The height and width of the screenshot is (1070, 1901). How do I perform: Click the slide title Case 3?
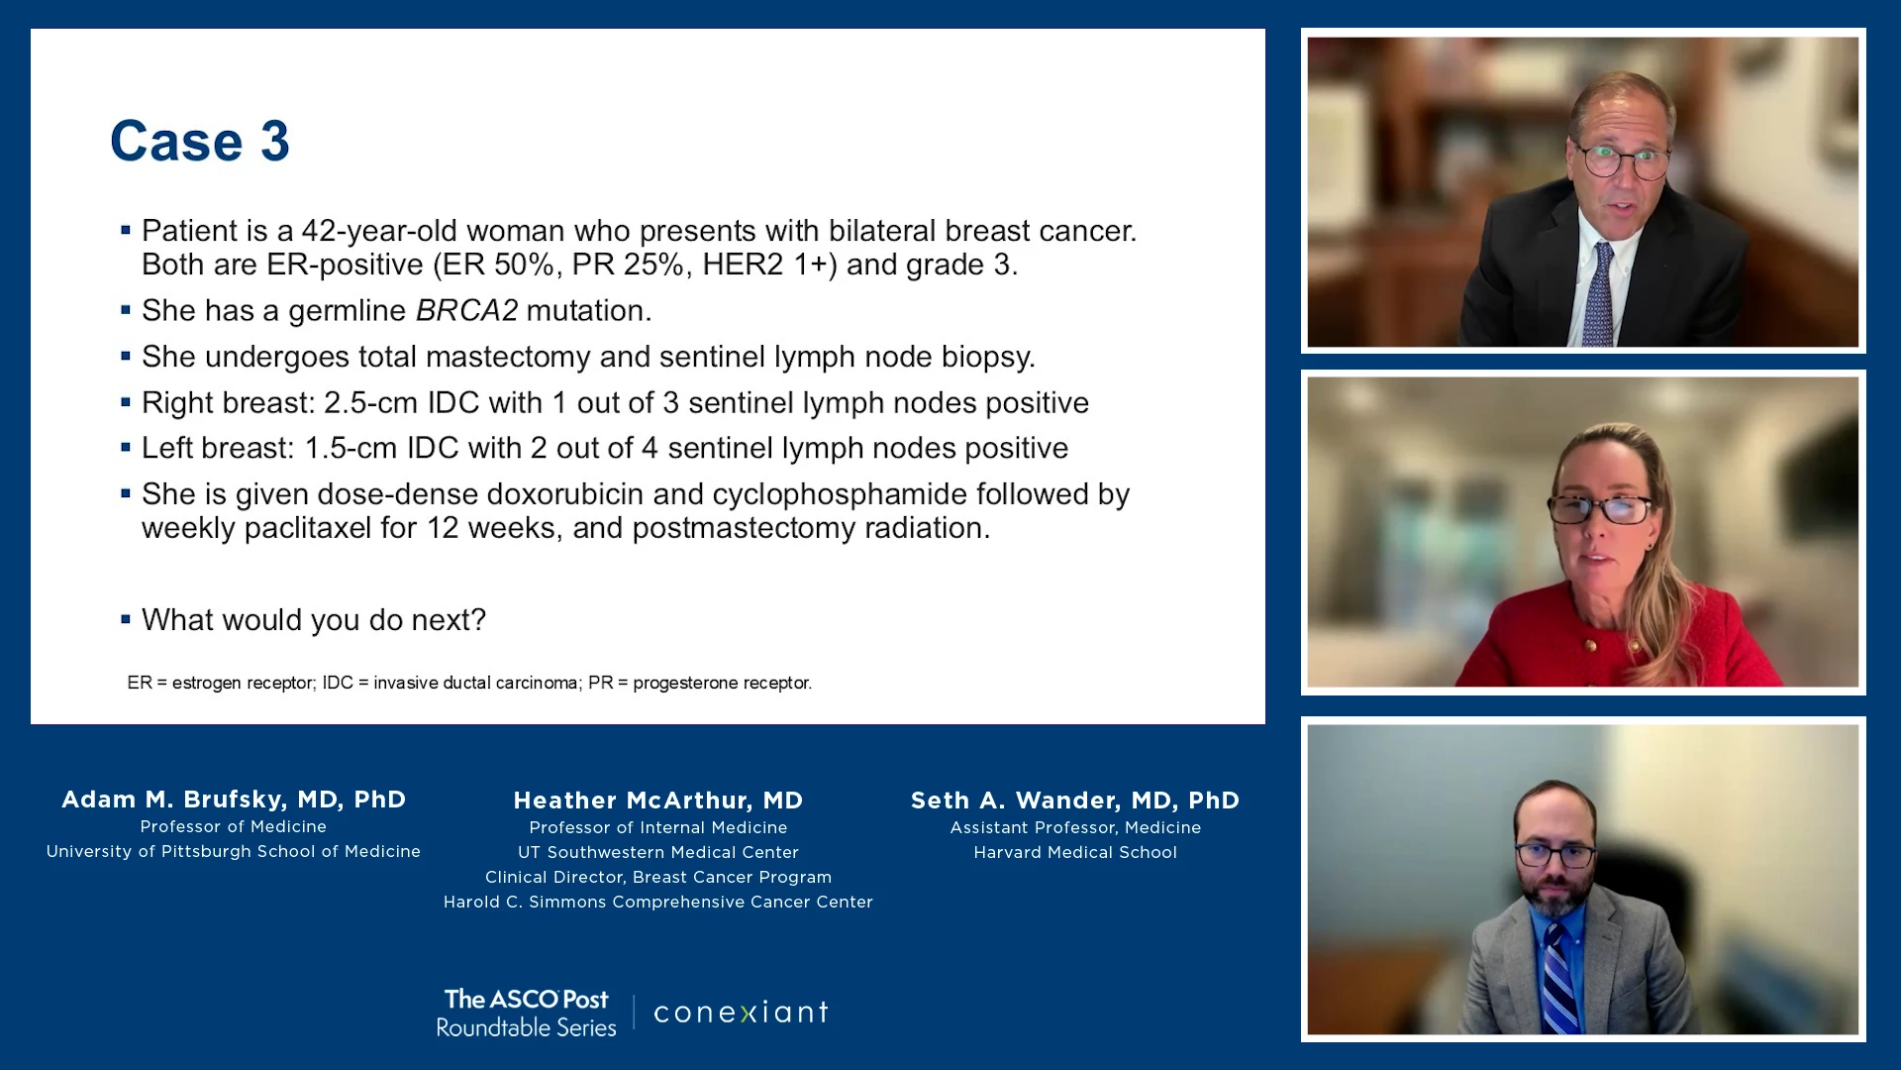(200, 141)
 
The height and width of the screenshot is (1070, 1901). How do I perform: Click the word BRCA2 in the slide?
(466, 311)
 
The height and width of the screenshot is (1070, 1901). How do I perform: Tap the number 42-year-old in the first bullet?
(380, 231)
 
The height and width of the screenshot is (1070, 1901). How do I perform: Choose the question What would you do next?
(314, 620)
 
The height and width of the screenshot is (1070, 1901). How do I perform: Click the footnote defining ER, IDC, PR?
(469, 683)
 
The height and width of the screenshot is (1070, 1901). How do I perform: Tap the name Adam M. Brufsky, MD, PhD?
(234, 800)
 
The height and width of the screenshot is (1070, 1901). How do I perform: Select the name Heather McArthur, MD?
(658, 801)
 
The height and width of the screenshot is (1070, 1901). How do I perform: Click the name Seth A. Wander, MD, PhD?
(1075, 801)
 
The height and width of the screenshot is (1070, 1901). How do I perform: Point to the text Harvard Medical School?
(1075, 852)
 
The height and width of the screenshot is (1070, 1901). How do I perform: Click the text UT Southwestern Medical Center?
(658, 852)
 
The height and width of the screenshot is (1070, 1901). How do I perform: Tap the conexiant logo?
(742, 1013)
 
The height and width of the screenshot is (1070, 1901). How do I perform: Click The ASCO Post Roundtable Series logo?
(527, 1013)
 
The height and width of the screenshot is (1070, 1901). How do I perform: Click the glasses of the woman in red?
(1598, 509)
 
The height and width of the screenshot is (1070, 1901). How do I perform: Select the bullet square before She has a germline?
(126, 310)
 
